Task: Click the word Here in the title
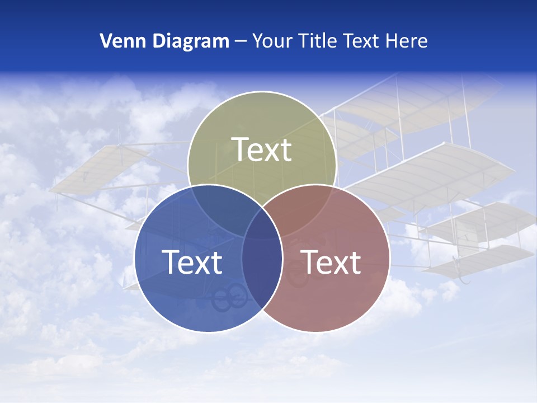409,41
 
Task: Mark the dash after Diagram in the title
241,41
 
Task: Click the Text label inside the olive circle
262,149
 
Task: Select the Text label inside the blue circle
192,262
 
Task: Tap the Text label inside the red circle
331,262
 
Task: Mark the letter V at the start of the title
105,41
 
